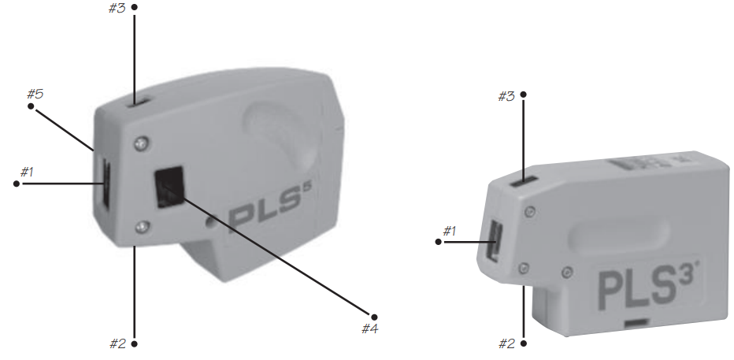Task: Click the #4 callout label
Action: (x=370, y=328)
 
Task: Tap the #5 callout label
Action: (x=35, y=94)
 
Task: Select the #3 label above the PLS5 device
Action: (x=117, y=9)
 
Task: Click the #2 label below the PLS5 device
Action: (x=118, y=344)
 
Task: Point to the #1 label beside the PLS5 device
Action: (x=27, y=173)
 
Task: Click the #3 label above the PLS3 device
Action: (x=506, y=96)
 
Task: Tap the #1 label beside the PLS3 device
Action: (x=450, y=231)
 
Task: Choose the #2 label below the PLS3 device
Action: (x=507, y=344)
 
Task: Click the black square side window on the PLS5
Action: (x=169, y=187)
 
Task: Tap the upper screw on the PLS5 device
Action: (x=142, y=143)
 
